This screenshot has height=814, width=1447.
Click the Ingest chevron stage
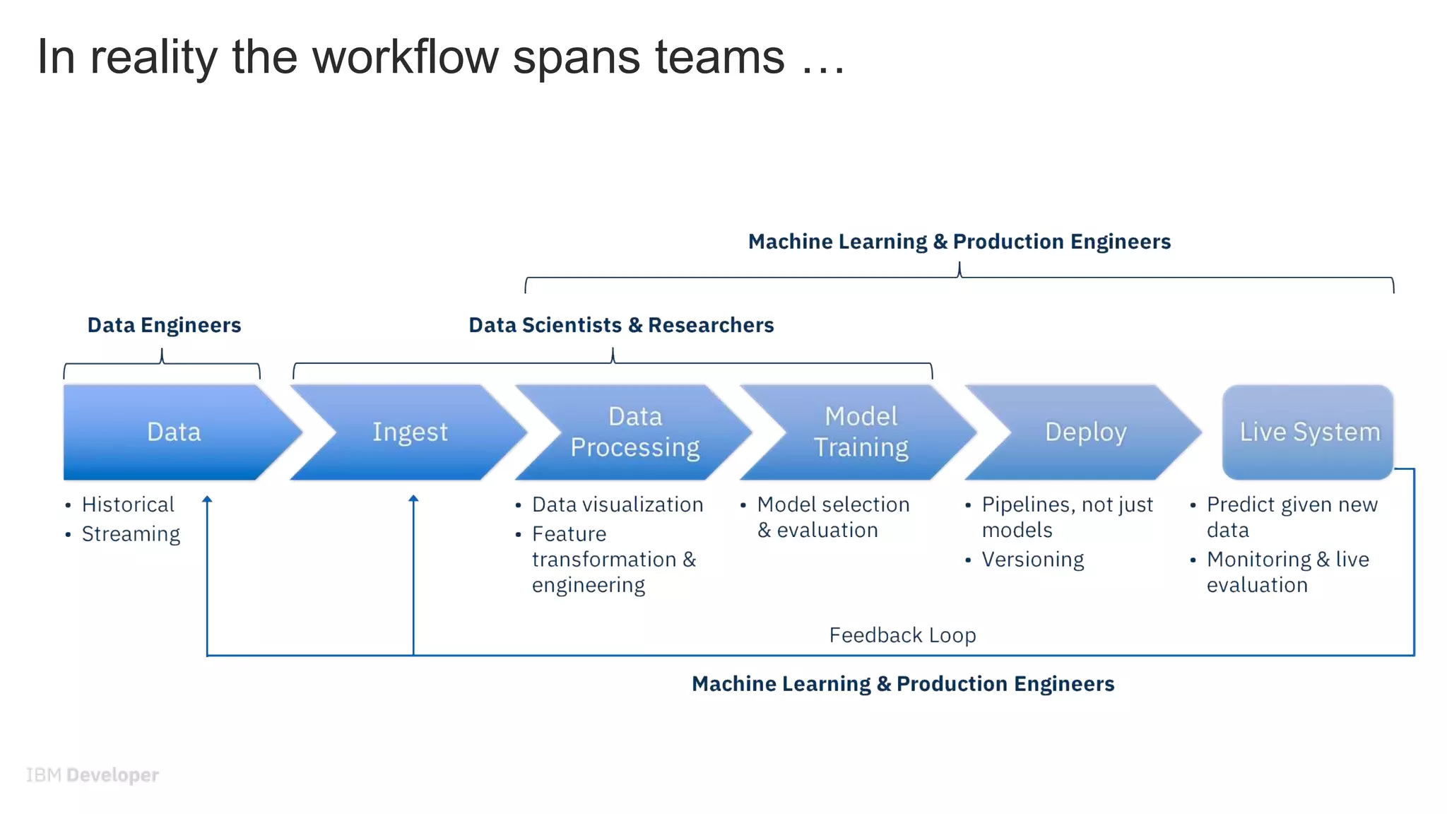410,432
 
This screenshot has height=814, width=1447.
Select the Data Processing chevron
634,432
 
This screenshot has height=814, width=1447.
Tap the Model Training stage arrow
860,432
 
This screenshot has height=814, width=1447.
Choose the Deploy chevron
1085,432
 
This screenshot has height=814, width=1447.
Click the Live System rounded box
1309,432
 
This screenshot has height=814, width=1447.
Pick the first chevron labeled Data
174,432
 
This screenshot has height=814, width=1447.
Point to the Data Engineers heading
164,325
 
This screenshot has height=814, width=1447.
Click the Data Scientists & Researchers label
621,325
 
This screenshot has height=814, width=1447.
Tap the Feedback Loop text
902,635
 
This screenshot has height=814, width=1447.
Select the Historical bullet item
127,505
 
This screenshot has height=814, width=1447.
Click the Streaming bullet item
131,534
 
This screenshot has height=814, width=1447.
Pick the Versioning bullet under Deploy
1032,560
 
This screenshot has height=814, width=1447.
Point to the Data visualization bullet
617,505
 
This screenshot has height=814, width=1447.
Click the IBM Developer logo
93,775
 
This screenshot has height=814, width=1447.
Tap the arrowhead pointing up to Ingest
413,499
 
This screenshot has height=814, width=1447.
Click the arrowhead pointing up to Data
207,500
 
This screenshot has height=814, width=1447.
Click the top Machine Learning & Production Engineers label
959,242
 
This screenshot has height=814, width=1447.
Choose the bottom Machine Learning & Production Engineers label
902,684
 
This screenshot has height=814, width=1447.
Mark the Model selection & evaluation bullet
832,517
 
